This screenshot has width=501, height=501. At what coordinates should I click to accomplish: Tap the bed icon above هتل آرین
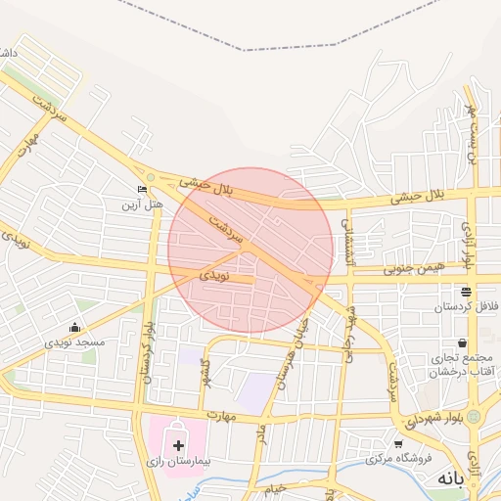(143, 190)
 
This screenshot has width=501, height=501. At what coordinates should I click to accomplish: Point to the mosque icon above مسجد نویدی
(74, 328)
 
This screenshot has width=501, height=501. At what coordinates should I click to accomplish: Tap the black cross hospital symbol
(178, 445)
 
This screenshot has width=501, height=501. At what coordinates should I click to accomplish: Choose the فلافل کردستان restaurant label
(465, 307)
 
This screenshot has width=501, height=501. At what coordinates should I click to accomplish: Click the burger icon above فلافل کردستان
(465, 292)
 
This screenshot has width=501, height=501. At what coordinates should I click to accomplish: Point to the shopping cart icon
(398, 443)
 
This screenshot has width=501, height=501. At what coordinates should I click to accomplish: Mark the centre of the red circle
(251, 250)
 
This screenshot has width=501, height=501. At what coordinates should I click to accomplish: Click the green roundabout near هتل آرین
(150, 177)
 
